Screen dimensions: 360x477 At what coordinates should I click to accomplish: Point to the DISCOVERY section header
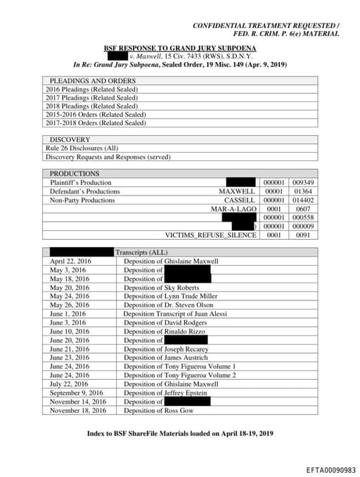point(70,140)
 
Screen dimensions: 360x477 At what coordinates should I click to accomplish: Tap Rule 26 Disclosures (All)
point(82,148)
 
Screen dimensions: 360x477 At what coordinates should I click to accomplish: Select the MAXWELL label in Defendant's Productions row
point(237,191)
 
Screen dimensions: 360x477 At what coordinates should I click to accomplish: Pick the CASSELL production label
point(239,200)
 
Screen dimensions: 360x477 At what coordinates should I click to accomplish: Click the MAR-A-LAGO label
point(233,209)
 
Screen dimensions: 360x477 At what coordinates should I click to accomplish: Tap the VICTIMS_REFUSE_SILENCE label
point(210,235)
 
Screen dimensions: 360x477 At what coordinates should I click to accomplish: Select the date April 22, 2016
point(70,261)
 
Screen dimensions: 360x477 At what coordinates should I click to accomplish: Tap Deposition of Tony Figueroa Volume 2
point(179,375)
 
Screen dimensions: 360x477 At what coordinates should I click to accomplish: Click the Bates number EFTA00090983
point(330,469)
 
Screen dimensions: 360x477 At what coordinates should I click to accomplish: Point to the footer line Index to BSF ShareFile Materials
point(179,433)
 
